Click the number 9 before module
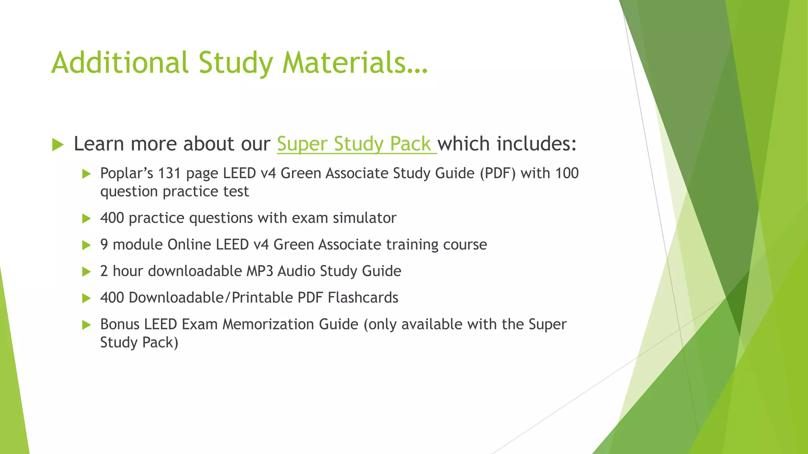104,245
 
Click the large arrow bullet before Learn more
58,145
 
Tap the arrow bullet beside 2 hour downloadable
86,272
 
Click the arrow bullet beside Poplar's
86,174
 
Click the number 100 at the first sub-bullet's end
567,173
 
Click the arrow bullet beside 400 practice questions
86,218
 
